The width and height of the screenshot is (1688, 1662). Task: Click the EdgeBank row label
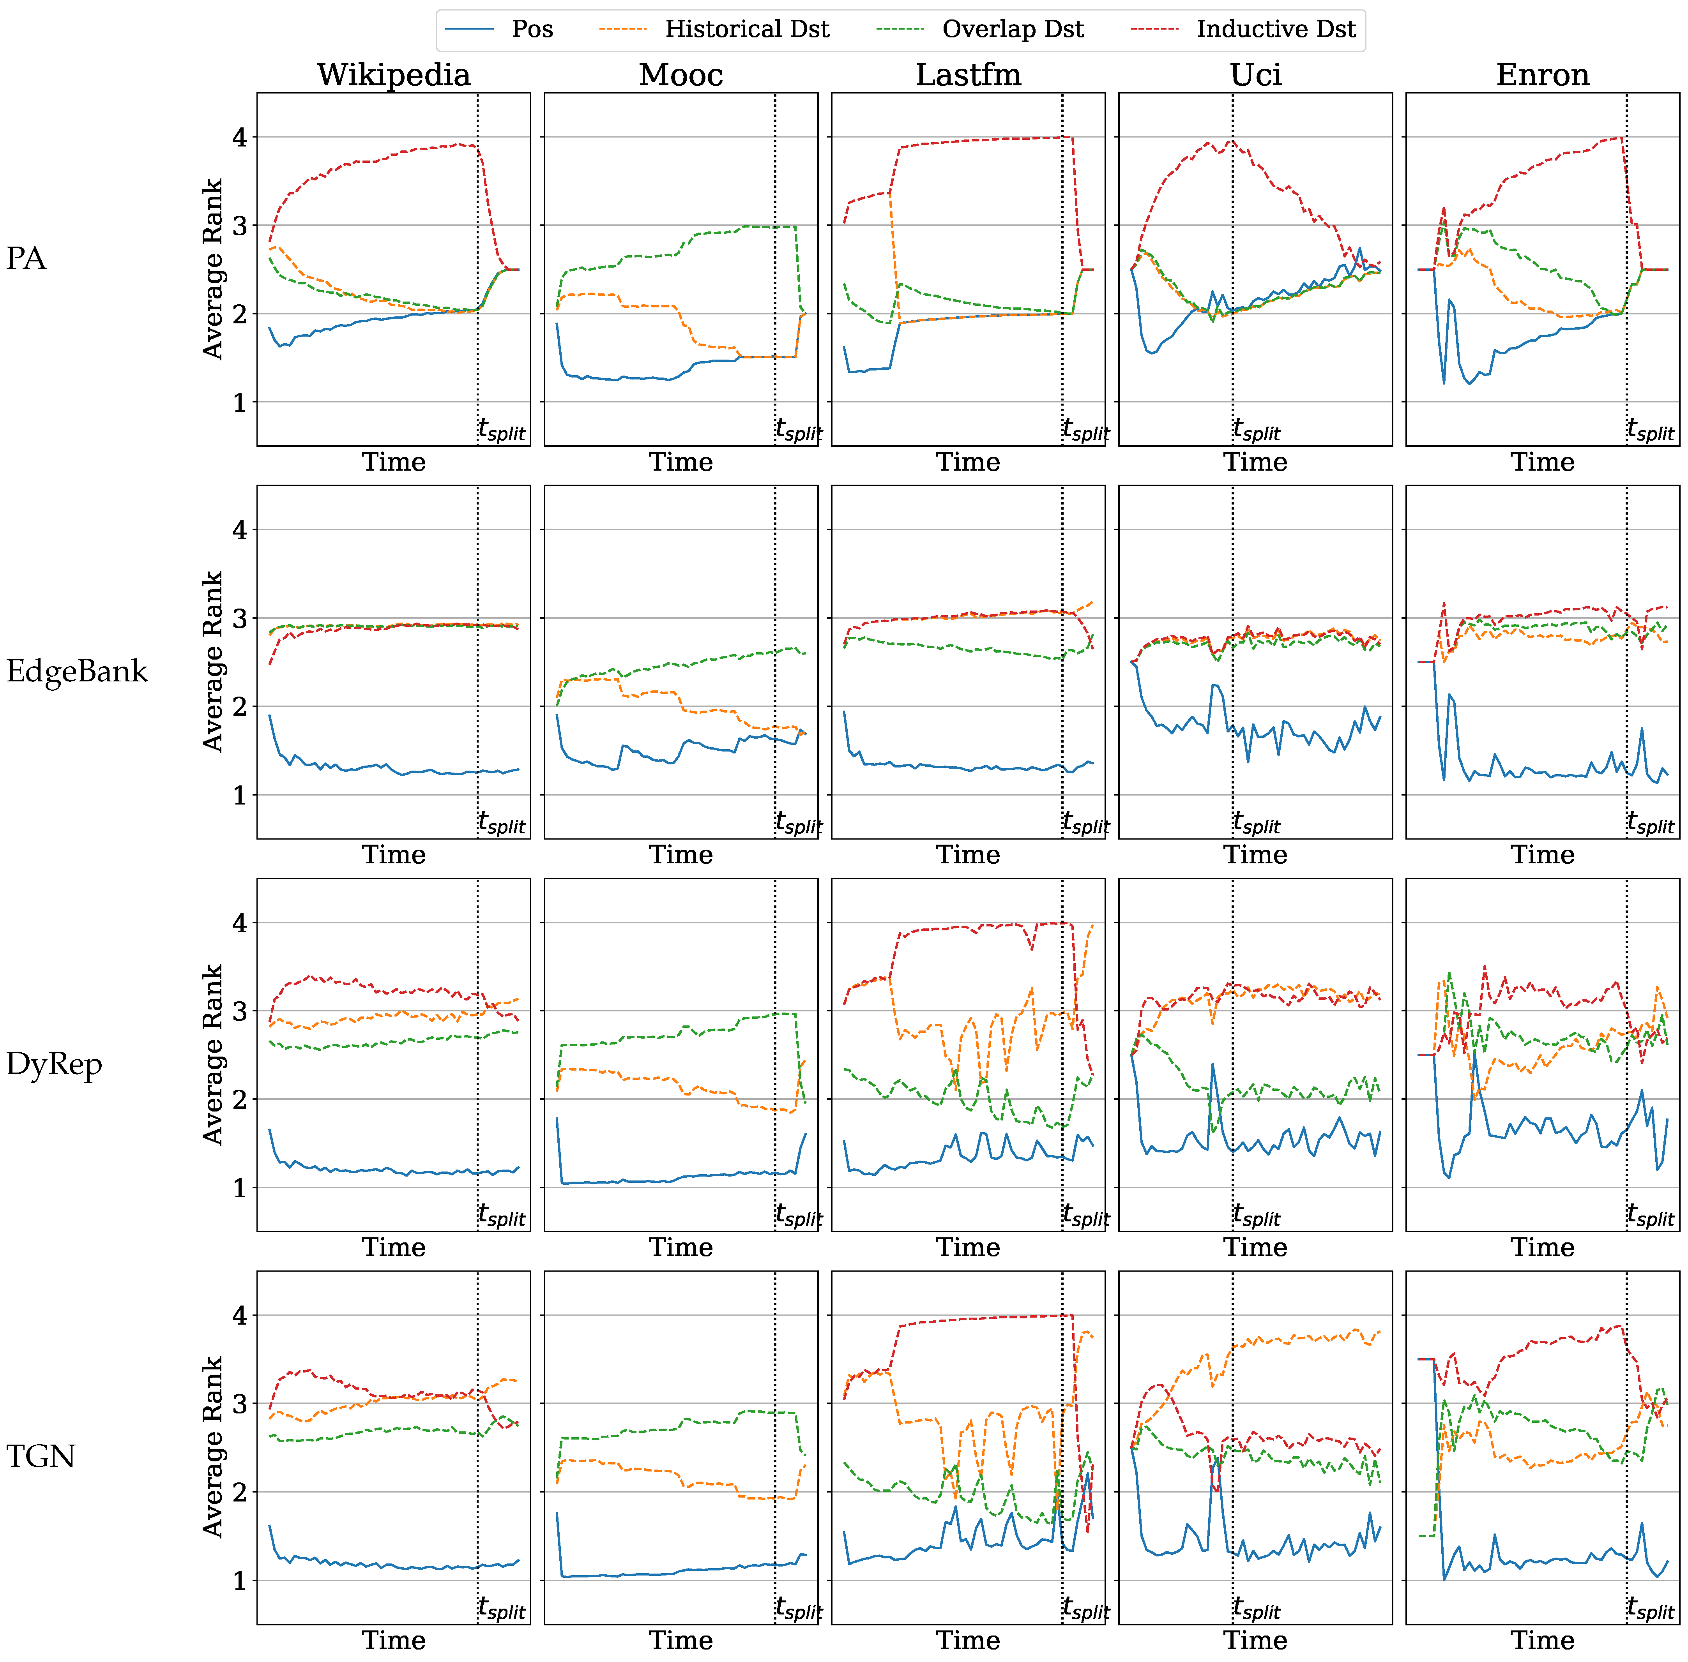pyautogui.click(x=77, y=671)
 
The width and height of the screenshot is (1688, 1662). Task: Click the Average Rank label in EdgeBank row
pyautogui.click(x=212, y=662)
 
